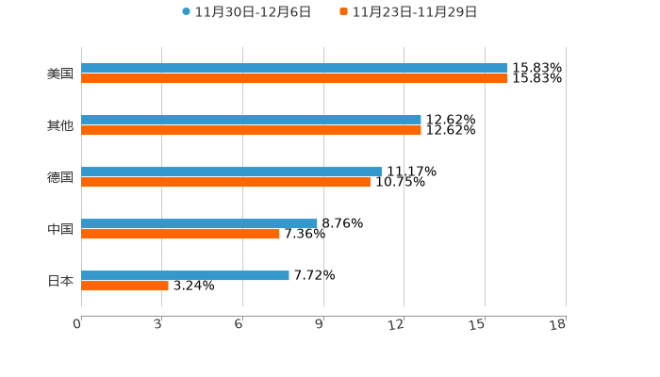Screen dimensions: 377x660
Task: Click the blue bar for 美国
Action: (294, 68)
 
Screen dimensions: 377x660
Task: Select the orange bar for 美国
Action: (294, 78)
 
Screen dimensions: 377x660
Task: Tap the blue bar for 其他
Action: (251, 120)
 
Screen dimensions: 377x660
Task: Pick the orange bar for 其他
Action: (251, 130)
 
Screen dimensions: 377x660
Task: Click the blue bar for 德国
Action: (231, 172)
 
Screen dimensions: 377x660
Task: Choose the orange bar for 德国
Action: (225, 182)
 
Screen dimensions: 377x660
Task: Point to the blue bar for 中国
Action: (199, 223)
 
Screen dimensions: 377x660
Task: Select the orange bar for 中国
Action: (180, 234)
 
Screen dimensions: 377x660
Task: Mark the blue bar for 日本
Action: (185, 275)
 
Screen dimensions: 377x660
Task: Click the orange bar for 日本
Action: (124, 286)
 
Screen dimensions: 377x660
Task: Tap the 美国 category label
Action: (60, 74)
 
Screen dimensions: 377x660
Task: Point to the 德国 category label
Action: (60, 177)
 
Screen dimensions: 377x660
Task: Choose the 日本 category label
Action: (60, 281)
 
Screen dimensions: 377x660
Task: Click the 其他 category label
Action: (60, 125)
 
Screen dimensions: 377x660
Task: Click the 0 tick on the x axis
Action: (78, 324)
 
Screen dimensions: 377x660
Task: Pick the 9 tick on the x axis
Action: (321, 324)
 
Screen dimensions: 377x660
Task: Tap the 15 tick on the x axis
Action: (481, 324)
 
